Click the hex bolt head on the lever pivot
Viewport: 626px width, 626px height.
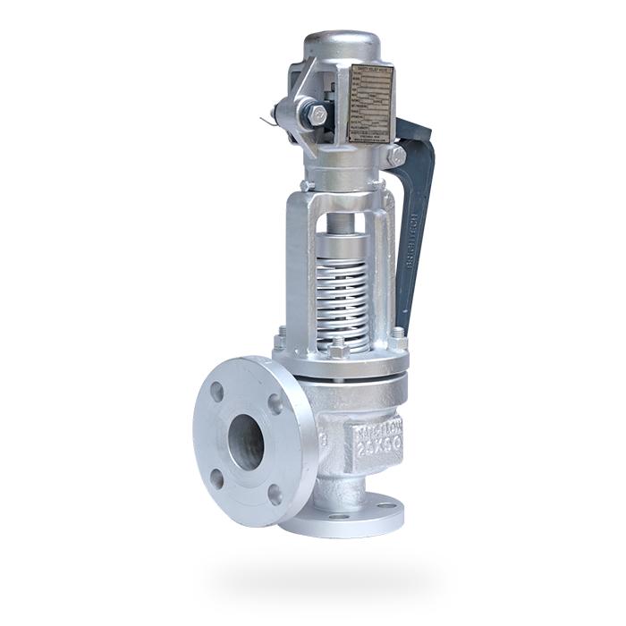317,115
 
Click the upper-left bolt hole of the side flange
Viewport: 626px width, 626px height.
217,392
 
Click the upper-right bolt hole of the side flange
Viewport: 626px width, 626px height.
275,404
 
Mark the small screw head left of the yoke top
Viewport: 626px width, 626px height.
307,185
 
